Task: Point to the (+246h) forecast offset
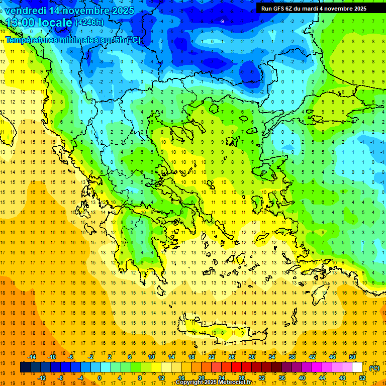(x=89, y=23)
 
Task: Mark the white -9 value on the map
(x=222, y=21)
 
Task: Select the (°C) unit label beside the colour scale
(x=374, y=368)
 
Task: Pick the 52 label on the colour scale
(x=362, y=378)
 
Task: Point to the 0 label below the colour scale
(x=100, y=378)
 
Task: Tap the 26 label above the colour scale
(x=231, y=357)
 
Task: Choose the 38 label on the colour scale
(x=292, y=357)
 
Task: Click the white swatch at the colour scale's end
(x=357, y=367)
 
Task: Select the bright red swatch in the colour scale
(x=236, y=367)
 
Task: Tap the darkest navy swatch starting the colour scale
(x=25, y=367)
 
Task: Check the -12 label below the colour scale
(x=42, y=378)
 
